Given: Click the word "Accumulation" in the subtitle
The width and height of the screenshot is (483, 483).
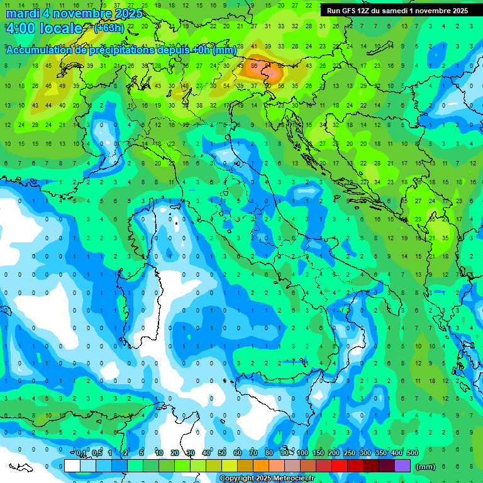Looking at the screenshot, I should click(x=38, y=50).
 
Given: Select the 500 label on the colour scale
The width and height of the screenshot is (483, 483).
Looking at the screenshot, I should click(x=412, y=453).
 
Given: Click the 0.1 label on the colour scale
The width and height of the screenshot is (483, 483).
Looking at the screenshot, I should click(x=82, y=453).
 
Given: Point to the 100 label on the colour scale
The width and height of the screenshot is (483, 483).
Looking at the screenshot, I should click(x=303, y=453).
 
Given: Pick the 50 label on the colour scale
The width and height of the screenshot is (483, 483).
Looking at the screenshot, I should click(x=222, y=453).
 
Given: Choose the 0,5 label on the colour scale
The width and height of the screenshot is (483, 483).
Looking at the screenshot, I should click(x=97, y=453).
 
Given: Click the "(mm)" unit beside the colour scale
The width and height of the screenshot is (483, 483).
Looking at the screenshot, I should click(x=426, y=467).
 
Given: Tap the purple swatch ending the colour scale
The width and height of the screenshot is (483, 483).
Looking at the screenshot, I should click(x=402, y=465).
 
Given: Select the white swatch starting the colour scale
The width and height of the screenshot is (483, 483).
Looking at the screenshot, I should click(x=72, y=465).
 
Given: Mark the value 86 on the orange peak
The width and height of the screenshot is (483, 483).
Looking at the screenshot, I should click(x=254, y=65).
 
